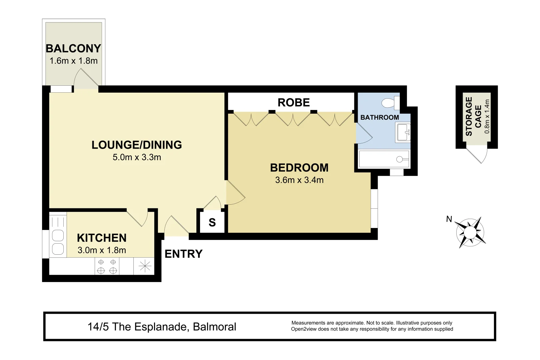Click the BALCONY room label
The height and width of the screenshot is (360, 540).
click(73, 49)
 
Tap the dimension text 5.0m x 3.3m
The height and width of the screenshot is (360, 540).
click(137, 157)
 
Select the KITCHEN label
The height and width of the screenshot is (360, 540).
click(102, 238)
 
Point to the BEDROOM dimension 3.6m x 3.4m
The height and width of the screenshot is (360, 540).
click(299, 180)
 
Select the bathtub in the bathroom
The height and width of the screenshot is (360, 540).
click(383, 159)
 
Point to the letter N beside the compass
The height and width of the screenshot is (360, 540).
click(449, 219)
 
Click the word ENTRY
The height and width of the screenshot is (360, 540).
click(184, 254)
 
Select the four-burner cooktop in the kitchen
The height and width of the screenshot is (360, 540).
click(107, 266)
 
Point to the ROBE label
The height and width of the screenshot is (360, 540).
click(294, 103)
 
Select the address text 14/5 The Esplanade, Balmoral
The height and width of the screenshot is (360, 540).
click(162, 327)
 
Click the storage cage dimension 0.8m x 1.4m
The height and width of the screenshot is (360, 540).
click(487, 117)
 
